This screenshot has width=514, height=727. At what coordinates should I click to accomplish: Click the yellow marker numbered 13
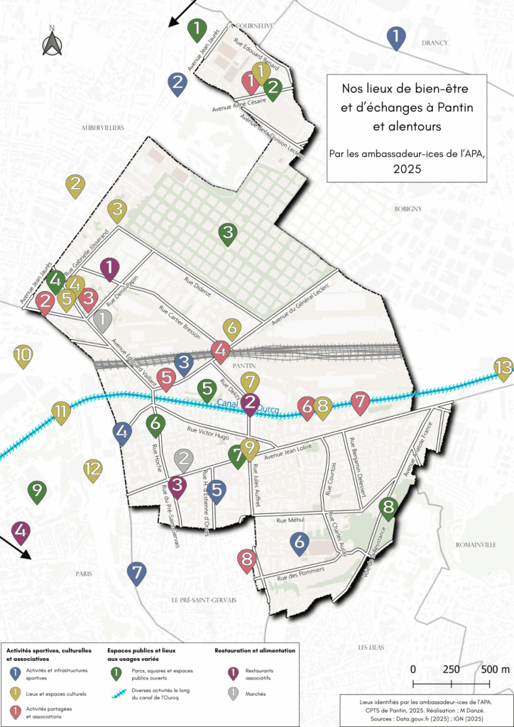(503, 368)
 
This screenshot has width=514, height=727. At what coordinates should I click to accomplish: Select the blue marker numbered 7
(137, 572)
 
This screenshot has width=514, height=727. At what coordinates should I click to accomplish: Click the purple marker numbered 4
(21, 532)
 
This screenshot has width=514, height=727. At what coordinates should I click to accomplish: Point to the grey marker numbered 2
(184, 459)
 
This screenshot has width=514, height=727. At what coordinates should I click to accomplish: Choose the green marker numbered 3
(227, 233)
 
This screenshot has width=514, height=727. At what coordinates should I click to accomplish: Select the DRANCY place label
(434, 43)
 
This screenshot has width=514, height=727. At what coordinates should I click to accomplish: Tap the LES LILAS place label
(371, 647)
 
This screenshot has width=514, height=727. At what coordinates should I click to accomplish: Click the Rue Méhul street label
(290, 520)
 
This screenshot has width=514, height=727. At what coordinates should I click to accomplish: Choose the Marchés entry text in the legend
(256, 696)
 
